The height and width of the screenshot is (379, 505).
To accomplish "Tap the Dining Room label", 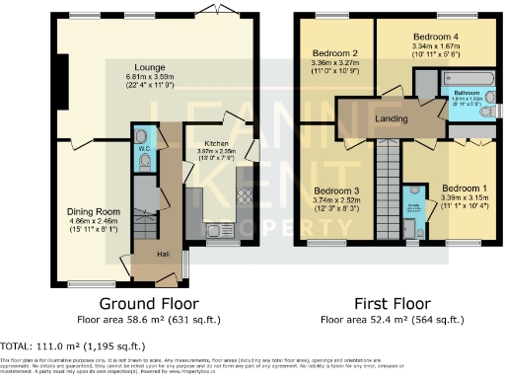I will tap(94, 211).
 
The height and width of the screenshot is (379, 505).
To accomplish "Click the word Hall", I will tap(160, 255).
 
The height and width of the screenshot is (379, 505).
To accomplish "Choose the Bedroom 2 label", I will tap(334, 52).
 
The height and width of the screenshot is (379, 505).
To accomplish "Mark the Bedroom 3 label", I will tap(336, 189).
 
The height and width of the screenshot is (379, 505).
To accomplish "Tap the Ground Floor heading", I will tap(150, 304).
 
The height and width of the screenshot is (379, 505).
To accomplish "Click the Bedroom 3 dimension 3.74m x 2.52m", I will tap(336, 199).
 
